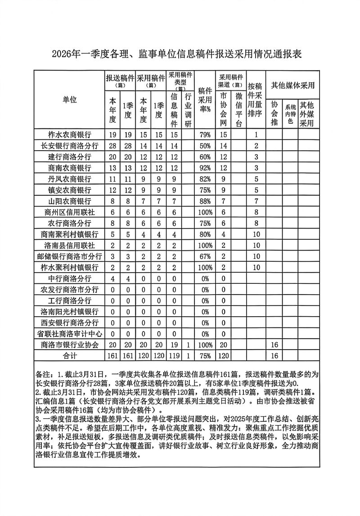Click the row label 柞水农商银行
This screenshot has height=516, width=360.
tap(70, 135)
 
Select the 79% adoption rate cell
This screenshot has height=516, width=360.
tap(206, 135)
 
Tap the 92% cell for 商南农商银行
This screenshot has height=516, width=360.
tap(206, 168)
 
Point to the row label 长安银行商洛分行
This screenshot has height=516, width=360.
tap(70, 146)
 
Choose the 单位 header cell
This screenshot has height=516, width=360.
tap(70, 100)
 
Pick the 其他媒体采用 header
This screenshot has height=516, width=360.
tap(292, 85)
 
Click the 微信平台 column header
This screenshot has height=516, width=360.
tap(238, 110)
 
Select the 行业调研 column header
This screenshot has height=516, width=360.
tap(188, 110)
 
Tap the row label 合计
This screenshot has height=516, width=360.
tap(70, 356)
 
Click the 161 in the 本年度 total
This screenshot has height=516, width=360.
tap(112, 356)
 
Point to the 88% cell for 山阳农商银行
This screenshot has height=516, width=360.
tap(206, 201)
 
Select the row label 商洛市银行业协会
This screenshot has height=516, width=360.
tap(70, 345)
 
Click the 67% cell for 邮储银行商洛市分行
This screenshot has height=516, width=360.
tap(206, 256)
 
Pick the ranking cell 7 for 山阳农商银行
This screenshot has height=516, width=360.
tap(256, 201)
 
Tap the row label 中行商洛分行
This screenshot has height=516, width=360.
tap(70, 278)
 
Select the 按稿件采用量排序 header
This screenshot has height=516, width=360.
tap(256, 99)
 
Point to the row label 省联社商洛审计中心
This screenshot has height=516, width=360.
tap(70, 334)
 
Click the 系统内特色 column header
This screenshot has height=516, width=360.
tap(290, 114)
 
